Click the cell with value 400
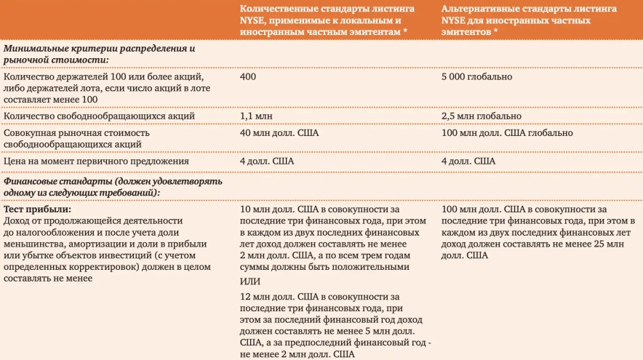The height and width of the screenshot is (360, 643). click(x=247, y=76)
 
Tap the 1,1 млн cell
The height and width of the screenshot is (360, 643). click(x=255, y=116)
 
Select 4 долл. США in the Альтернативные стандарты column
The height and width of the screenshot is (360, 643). click(x=468, y=161)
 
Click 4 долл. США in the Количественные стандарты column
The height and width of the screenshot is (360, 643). click(x=268, y=161)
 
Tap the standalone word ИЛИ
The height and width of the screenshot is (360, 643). click(x=249, y=281)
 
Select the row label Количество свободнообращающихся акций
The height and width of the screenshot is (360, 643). click(x=99, y=116)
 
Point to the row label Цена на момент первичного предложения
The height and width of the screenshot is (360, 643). click(x=86, y=161)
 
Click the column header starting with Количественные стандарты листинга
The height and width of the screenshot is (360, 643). click(x=330, y=20)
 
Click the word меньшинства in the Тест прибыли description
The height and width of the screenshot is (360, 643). click(x=33, y=245)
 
